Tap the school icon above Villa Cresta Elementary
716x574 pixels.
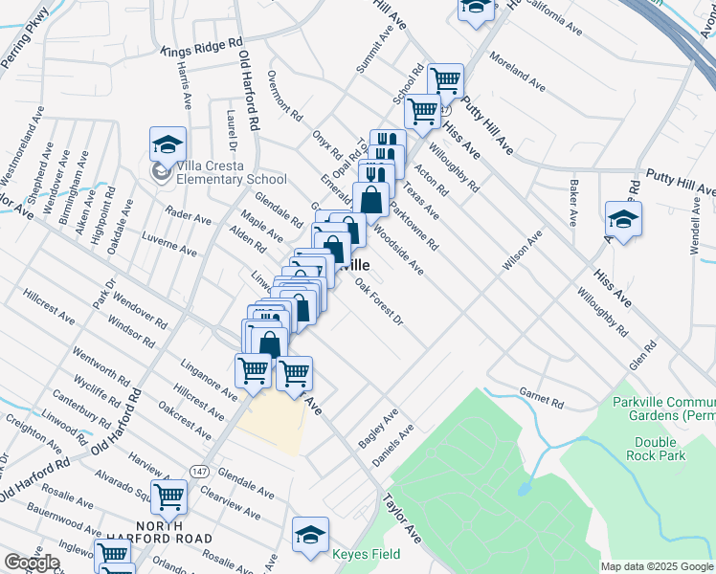click(168, 146)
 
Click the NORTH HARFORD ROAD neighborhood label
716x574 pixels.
click(173, 532)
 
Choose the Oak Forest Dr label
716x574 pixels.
click(379, 300)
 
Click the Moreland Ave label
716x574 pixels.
click(517, 72)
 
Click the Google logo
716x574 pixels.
click(32, 563)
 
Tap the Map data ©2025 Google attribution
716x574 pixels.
click(657, 566)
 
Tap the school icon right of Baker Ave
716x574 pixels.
click(622, 219)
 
